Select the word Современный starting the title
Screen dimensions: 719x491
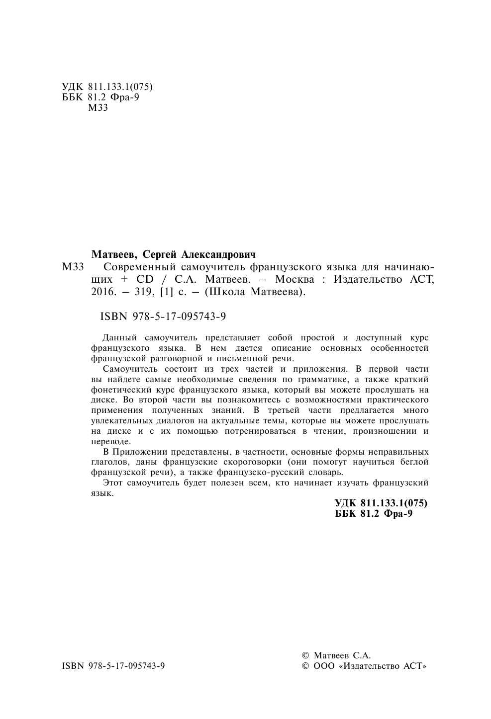(x=130, y=267)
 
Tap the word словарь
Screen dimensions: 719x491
(x=327, y=473)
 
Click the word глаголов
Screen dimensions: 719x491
(x=108, y=462)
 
